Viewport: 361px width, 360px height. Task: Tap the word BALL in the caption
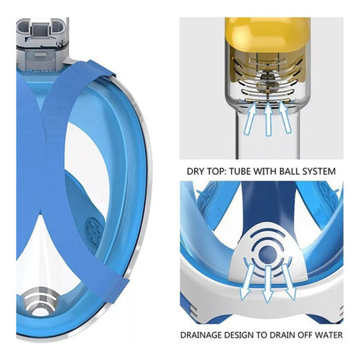(x=290, y=171)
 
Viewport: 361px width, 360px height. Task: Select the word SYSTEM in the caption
(x=319, y=171)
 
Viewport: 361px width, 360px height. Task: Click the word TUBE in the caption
(x=240, y=171)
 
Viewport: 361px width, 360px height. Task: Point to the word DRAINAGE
(x=201, y=335)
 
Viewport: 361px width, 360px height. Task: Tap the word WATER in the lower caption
(x=329, y=335)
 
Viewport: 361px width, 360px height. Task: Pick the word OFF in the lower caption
(x=305, y=335)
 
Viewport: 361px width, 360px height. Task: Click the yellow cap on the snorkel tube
(x=268, y=34)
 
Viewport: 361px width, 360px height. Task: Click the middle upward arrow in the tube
(x=269, y=119)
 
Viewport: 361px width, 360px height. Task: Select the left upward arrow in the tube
(x=249, y=118)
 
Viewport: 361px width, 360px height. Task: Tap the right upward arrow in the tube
(x=285, y=118)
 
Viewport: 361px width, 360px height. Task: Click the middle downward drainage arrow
(x=268, y=284)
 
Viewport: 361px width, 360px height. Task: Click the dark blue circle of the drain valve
(x=267, y=254)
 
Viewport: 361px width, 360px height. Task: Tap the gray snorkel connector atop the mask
(x=43, y=43)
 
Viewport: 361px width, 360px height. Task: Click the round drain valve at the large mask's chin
(x=41, y=302)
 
